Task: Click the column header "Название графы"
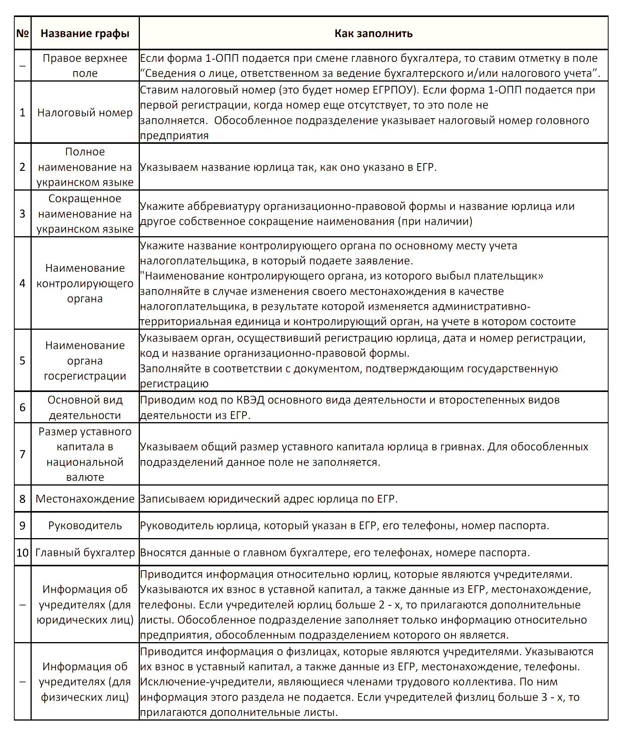[x=85, y=34]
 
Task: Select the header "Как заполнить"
[x=373, y=34]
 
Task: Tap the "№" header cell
[x=22, y=34]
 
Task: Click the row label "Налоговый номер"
[x=85, y=112]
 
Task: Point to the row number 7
[x=22, y=454]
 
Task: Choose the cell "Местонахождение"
[x=85, y=499]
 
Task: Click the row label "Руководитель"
[x=85, y=525]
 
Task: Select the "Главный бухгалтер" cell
[x=85, y=552]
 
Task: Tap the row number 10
[x=22, y=552]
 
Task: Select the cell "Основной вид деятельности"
[x=85, y=407]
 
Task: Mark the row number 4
[x=22, y=283]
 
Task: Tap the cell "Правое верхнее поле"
[x=85, y=66]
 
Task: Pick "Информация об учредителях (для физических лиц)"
[x=85, y=682]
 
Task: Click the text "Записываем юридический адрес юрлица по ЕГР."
[x=269, y=499]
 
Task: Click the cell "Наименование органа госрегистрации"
[x=85, y=360]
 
